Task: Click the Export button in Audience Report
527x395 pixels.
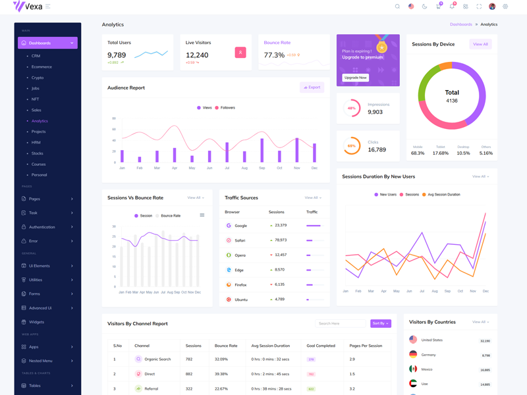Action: [312, 87]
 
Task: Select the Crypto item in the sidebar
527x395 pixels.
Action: [38, 78]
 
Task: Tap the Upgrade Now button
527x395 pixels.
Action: [355, 78]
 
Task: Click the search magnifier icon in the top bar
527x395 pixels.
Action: [397, 7]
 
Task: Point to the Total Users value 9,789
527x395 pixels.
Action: [117, 55]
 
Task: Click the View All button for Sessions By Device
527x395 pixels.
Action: [480, 44]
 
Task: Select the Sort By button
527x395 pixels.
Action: [380, 323]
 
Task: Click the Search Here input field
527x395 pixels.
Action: [340, 323]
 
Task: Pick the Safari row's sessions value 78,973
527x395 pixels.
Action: [281, 240]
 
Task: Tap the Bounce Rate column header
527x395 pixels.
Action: [226, 346]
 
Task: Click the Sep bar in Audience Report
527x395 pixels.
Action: [262, 150]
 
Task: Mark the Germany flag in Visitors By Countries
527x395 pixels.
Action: [413, 354]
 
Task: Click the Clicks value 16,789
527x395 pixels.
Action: [377, 149]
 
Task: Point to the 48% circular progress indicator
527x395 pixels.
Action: [352, 108]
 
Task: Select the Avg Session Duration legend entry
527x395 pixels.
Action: [443, 195]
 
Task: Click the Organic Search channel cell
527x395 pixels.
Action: [157, 359]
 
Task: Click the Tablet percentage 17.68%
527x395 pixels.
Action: [440, 153]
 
